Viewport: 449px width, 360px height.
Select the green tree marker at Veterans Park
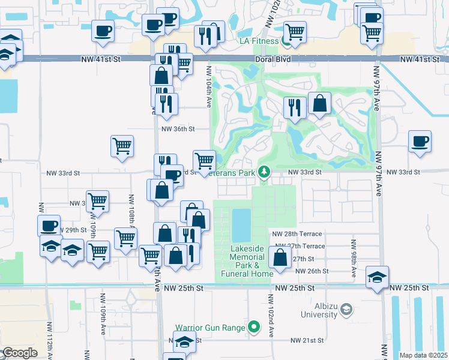264,172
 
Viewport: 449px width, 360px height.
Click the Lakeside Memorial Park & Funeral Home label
248,261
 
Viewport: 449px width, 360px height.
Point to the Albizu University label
319,310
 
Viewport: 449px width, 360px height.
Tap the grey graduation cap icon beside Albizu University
346,310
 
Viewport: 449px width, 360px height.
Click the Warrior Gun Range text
210,328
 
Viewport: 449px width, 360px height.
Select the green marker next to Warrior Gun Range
254,328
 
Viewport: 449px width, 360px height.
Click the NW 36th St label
178,128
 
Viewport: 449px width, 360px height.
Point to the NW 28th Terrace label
297,233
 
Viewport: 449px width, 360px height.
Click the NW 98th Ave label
353,253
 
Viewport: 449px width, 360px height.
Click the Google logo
19,352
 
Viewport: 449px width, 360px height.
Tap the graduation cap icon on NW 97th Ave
377,276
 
